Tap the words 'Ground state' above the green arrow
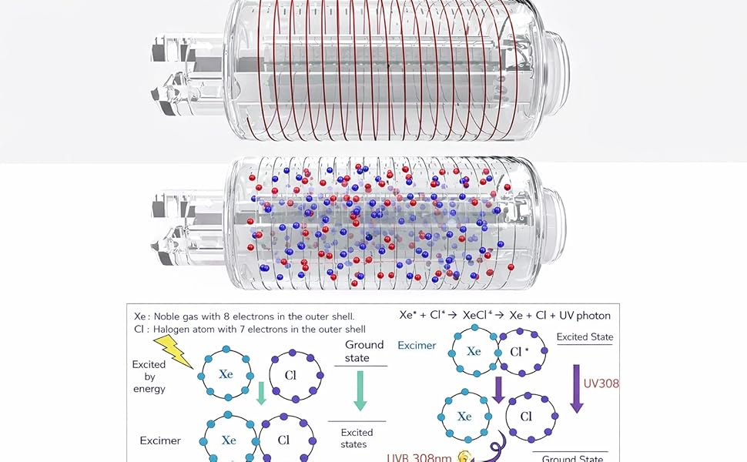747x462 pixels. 364,351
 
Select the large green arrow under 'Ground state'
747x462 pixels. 359,390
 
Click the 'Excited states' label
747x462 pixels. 357,437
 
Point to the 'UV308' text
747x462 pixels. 601,383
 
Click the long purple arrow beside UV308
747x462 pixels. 576,388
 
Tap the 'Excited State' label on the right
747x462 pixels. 585,337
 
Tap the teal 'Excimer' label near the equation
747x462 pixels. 417,346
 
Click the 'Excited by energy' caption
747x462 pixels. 149,377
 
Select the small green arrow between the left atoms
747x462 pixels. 260,393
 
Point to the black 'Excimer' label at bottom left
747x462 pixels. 160,440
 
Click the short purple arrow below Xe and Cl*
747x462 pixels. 498,388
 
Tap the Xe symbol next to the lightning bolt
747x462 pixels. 226,374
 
